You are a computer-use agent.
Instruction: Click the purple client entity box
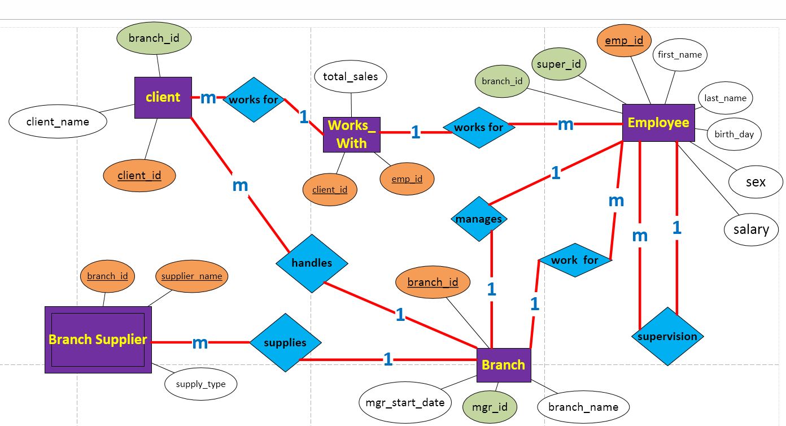click(x=163, y=97)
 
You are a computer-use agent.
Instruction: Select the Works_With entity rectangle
click(x=351, y=134)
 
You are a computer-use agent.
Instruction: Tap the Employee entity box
click(x=658, y=123)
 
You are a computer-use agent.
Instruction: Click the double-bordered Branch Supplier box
click(x=98, y=340)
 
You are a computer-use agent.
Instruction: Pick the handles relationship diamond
click(x=312, y=263)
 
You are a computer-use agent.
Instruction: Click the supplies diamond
click(x=285, y=343)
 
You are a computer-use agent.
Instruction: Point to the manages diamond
click(x=479, y=219)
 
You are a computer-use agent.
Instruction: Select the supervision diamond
click(x=667, y=337)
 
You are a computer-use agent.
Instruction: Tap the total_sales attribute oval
click(x=350, y=77)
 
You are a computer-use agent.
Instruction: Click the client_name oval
click(x=58, y=121)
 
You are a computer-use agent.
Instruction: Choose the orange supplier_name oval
click(x=192, y=276)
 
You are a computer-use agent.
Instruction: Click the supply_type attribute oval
click(x=200, y=384)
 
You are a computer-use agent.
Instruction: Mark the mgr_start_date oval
click(x=405, y=403)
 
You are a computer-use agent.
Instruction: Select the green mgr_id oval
click(x=490, y=407)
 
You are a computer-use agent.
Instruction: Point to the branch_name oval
click(x=583, y=407)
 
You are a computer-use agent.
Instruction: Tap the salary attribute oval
click(x=751, y=229)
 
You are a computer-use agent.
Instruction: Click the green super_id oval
click(x=558, y=64)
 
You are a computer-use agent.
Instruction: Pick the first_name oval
click(x=680, y=55)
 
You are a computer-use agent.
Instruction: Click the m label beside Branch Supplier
click(x=200, y=343)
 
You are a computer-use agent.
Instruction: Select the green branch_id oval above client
click(x=154, y=38)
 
